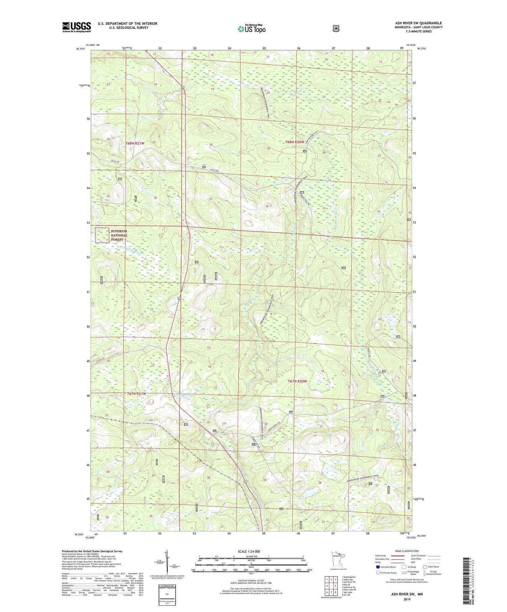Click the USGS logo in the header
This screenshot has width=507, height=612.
pos(76,27)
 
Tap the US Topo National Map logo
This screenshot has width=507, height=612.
pos(251,28)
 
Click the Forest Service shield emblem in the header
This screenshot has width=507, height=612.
pos(336,29)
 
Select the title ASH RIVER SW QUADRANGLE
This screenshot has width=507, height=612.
pos(418,23)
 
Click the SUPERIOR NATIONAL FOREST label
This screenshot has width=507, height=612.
pos(119,235)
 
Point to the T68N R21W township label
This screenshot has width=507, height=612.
pos(135,143)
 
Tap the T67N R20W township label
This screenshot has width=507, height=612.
pos(297,381)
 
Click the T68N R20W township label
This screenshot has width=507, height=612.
pos(295,142)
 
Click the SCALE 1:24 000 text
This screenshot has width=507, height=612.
pos(249,551)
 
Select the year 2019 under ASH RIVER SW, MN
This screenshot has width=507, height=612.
pos(407,599)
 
